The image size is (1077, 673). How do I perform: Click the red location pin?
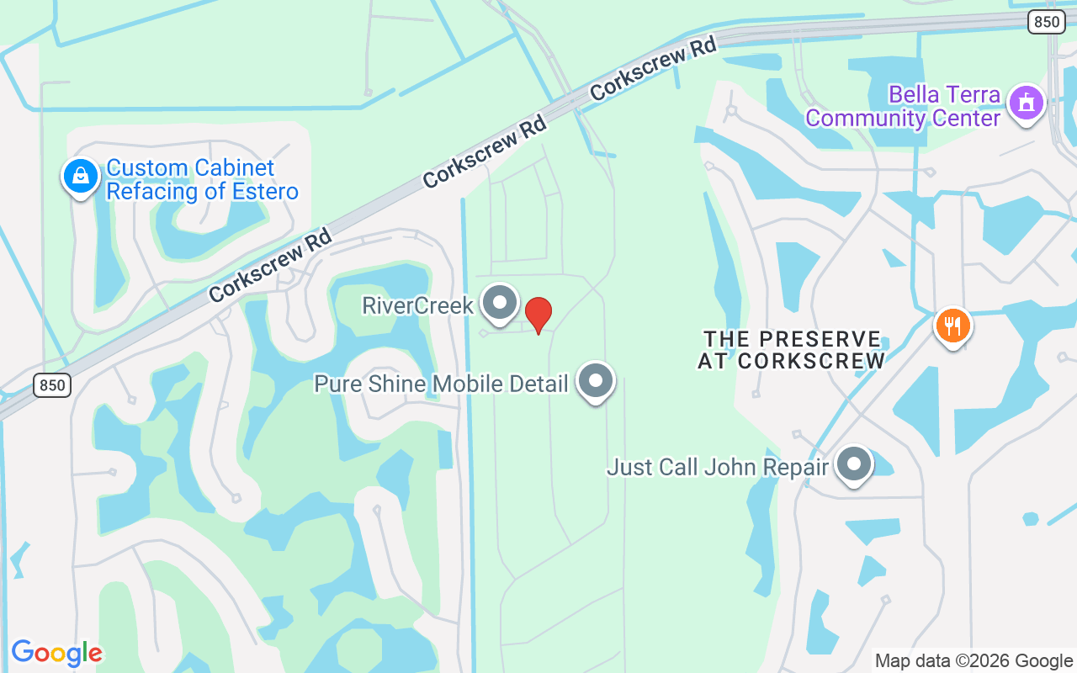(538, 315)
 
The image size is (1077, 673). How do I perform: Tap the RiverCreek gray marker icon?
(501, 303)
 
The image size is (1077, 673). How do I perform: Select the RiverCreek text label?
(418, 305)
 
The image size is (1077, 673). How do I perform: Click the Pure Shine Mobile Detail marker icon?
(596, 381)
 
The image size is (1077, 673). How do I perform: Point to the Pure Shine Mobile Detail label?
(441, 384)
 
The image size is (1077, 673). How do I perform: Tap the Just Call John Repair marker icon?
(854, 464)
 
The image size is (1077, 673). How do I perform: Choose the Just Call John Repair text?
(718, 467)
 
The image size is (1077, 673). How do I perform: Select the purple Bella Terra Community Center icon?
(1026, 103)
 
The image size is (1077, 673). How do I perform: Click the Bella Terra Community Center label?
(903, 106)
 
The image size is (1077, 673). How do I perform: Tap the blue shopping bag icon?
(80, 177)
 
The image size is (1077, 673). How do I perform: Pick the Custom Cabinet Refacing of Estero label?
(202, 180)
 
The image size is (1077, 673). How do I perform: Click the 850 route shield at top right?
(1047, 23)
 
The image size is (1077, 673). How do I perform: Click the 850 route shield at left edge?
(52, 386)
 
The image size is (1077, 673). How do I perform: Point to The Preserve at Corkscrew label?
(792, 350)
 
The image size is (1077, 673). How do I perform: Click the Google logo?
(56, 653)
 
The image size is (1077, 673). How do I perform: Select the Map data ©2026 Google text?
(974, 661)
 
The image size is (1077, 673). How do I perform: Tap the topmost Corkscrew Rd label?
(653, 68)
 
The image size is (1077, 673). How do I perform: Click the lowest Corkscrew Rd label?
(270, 265)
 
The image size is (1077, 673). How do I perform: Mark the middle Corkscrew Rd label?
(485, 151)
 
